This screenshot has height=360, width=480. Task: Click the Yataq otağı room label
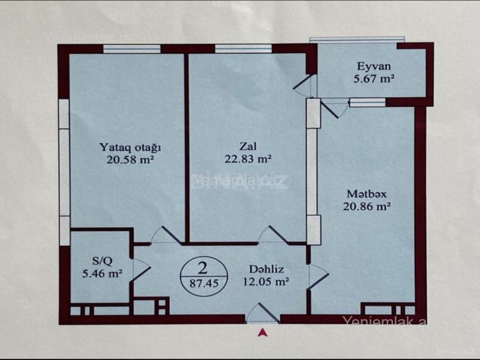pyautogui.click(x=130, y=148)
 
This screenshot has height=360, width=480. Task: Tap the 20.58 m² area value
pyautogui.click(x=130, y=160)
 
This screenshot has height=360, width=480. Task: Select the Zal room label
pyautogui.click(x=248, y=146)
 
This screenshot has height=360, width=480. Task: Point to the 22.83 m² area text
pyautogui.click(x=248, y=159)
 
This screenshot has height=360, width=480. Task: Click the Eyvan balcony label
pyautogui.click(x=374, y=67)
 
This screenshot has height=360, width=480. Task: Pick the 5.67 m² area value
pyautogui.click(x=374, y=79)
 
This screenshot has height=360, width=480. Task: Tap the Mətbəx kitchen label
pyautogui.click(x=367, y=194)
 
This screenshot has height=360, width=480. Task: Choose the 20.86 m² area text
pyautogui.click(x=367, y=206)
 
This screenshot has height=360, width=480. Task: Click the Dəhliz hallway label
pyautogui.click(x=266, y=269)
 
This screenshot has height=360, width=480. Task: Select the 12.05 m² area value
pyautogui.click(x=266, y=281)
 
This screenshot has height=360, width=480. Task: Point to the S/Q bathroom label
pyautogui.click(x=102, y=261)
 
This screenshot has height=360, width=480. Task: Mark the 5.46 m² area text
pyautogui.click(x=102, y=273)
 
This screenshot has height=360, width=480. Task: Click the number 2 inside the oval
pyautogui.click(x=203, y=268)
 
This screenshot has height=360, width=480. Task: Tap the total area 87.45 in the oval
pyautogui.click(x=204, y=283)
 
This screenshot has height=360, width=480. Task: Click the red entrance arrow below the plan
pyautogui.click(x=262, y=332)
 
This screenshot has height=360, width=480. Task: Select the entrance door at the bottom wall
pyautogui.click(x=263, y=313)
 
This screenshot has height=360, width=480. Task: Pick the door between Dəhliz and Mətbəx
pyautogui.click(x=319, y=277)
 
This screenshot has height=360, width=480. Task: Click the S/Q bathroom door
pyautogui.click(x=140, y=269)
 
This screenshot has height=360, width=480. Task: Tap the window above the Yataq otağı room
pyautogui.click(x=131, y=49)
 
